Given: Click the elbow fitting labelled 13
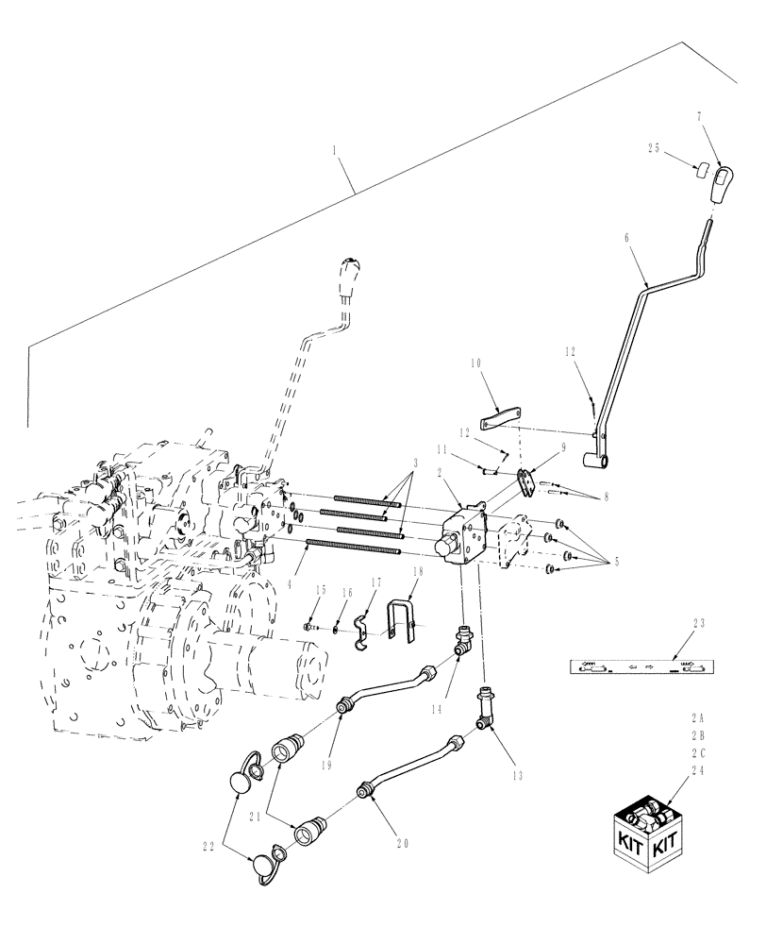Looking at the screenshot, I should coord(485,707).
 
